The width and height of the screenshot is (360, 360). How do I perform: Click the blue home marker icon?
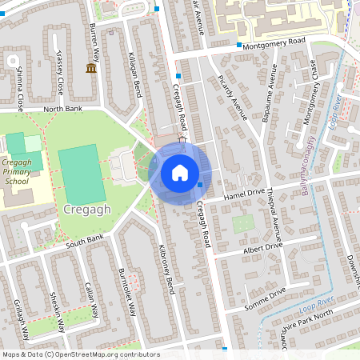180,173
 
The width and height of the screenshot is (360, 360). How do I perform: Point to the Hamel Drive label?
244,193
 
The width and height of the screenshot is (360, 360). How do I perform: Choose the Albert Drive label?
263,248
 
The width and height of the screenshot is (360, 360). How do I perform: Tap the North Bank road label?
63,108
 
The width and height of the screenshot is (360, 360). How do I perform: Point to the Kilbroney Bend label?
166,269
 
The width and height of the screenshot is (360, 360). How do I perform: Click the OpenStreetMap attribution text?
81,354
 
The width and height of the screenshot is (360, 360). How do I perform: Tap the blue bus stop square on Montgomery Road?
239,45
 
